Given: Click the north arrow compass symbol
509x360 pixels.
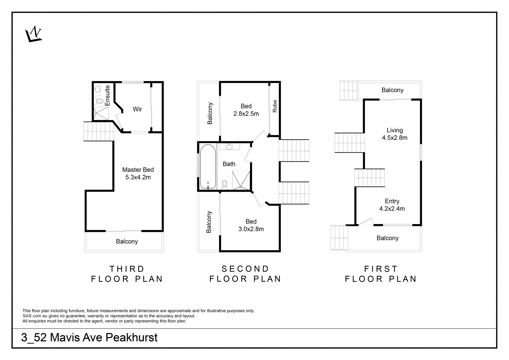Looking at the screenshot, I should (x=34, y=34).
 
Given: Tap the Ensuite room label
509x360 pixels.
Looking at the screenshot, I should (x=107, y=96).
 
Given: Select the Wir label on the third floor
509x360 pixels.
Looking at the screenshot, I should (x=137, y=109).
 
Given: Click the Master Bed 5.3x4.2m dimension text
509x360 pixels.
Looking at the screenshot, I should (x=138, y=177).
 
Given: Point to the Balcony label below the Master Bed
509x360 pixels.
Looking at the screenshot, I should (x=127, y=241).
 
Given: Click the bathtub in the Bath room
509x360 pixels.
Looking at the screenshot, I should (x=208, y=167).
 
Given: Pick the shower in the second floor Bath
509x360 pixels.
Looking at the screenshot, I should (x=241, y=180).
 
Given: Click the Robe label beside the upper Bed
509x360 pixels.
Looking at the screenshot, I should (x=275, y=106).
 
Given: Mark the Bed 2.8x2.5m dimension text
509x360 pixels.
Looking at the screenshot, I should (x=246, y=114).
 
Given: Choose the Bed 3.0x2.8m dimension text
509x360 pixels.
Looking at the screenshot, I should (x=251, y=229).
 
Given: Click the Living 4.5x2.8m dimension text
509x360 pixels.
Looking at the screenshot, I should (x=395, y=138).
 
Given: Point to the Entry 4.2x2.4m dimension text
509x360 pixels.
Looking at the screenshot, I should (x=392, y=209).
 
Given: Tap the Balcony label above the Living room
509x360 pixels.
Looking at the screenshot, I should (x=392, y=90).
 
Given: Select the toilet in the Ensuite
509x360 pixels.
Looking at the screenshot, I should (x=99, y=101).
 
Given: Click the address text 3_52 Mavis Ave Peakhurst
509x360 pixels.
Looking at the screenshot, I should (x=89, y=337).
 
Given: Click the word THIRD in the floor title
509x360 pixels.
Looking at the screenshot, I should (x=127, y=269).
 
